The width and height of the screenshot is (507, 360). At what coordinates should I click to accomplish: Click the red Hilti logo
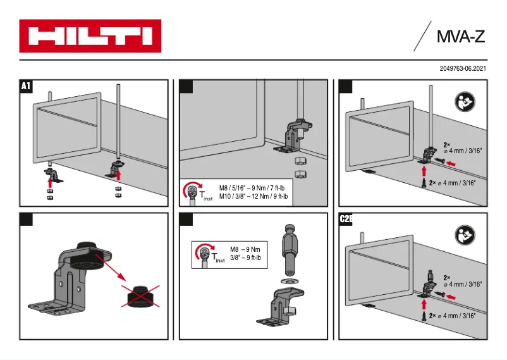click(x=90, y=36)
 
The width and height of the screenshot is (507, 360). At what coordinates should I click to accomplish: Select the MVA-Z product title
click(x=460, y=37)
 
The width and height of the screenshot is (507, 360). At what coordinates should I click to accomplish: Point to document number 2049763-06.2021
click(x=463, y=68)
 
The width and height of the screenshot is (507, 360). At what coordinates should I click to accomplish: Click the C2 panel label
click(x=346, y=219)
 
